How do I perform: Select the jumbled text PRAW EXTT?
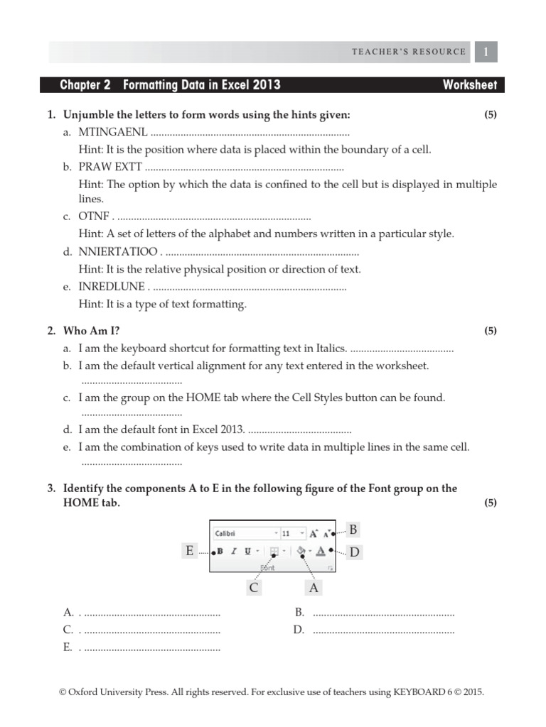(x=110, y=167)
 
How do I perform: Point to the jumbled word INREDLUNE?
(x=112, y=287)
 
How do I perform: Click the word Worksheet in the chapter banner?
(x=469, y=85)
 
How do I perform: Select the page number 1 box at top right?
(x=486, y=52)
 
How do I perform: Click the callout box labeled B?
(x=353, y=529)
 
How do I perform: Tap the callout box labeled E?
(x=190, y=551)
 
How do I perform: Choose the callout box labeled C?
(x=254, y=587)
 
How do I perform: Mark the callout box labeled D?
(x=353, y=552)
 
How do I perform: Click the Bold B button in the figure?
(x=220, y=551)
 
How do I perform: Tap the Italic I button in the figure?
(x=234, y=551)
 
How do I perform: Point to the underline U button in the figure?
(x=247, y=551)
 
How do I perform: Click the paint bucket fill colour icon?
(x=301, y=551)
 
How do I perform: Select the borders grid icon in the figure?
(x=274, y=551)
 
